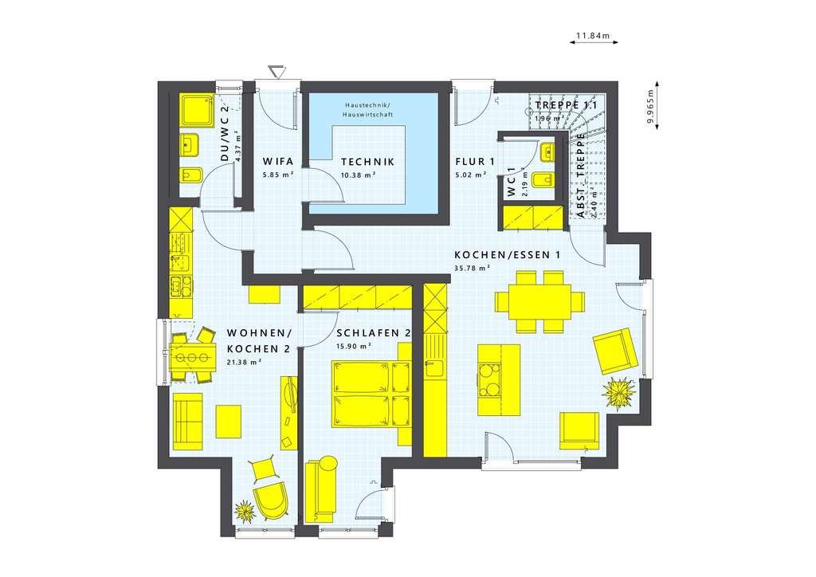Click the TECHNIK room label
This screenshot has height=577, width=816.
363,159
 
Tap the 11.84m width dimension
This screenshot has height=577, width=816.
591,36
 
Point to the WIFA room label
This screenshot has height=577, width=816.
273,159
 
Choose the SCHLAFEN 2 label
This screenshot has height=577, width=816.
373,333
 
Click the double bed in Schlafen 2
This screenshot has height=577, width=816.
372,394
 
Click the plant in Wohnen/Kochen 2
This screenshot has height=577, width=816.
244,508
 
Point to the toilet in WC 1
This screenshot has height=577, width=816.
543,181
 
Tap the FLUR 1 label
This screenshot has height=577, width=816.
476,160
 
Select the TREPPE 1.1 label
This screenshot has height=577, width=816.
566,105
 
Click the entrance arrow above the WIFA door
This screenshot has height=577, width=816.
277,73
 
